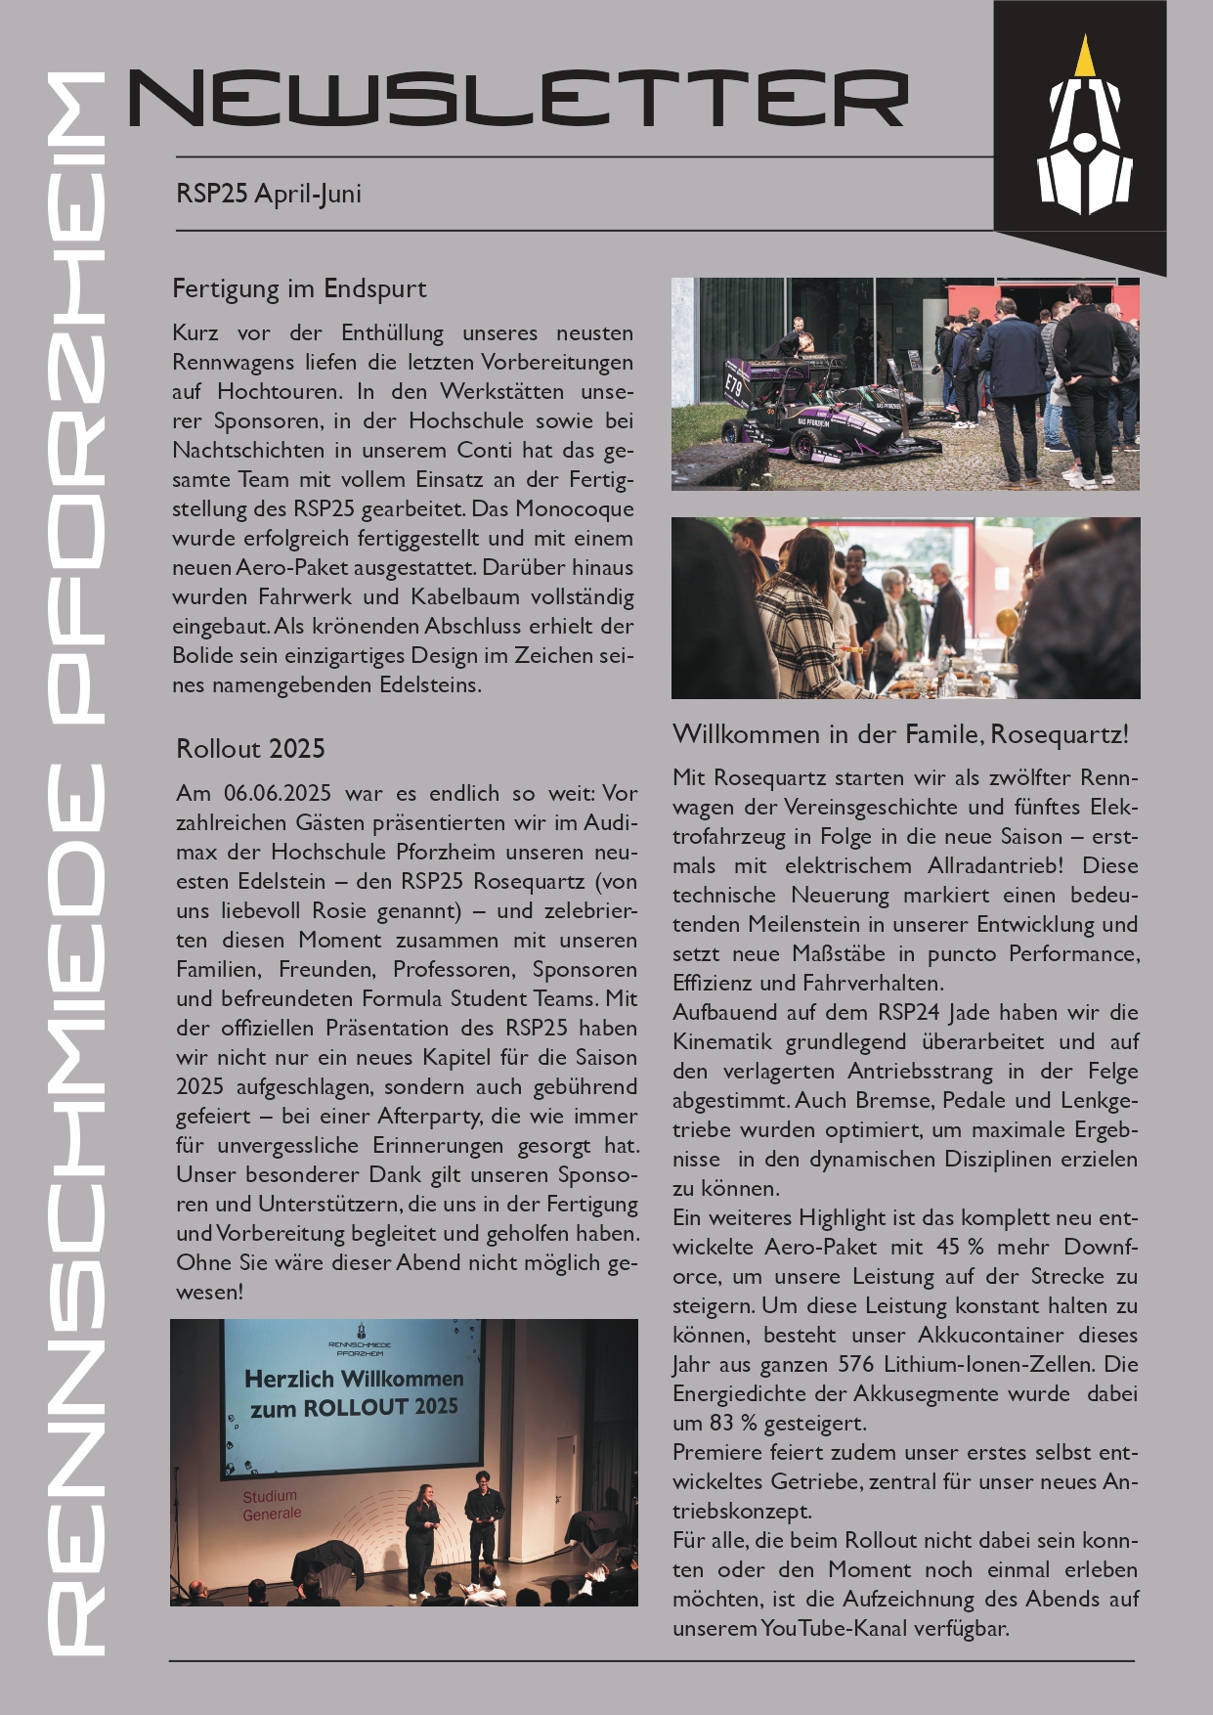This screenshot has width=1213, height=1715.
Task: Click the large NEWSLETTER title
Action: click(x=518, y=98)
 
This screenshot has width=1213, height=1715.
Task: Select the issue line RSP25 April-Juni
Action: click(x=269, y=194)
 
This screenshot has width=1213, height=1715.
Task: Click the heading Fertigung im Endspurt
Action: click(x=299, y=288)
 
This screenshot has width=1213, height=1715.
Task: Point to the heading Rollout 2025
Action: click(x=250, y=749)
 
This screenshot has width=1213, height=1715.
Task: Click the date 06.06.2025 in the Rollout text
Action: click(x=278, y=793)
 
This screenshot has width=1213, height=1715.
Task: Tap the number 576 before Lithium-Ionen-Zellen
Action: click(x=857, y=1364)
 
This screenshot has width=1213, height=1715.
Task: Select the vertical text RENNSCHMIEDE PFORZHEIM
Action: click(x=76, y=860)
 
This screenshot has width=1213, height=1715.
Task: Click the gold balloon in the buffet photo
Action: click(x=1007, y=622)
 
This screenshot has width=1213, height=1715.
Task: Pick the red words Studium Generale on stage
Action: click(x=272, y=1505)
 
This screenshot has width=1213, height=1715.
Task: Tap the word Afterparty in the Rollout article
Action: click(x=428, y=1116)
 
